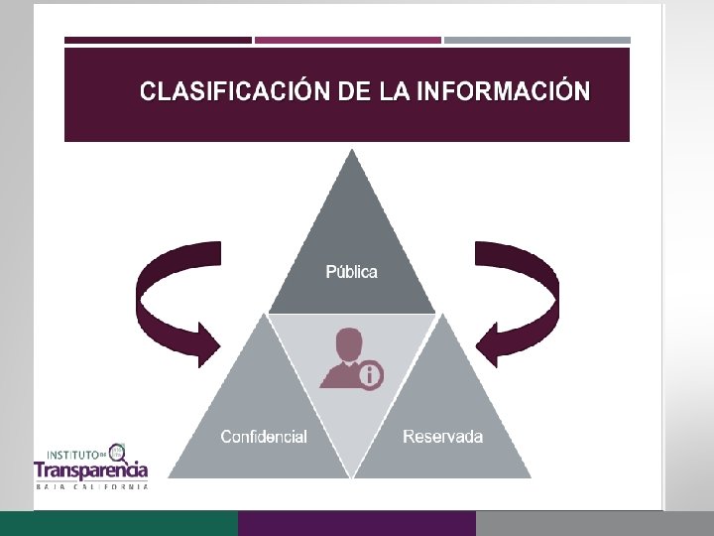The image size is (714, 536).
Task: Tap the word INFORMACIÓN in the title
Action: [504, 92]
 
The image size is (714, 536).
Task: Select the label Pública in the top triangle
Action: [352, 272]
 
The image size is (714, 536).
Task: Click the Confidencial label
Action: [264, 437]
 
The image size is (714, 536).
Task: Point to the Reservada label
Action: [443, 437]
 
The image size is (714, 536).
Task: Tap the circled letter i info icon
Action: [370, 375]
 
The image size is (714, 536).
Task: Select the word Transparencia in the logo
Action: [91, 469]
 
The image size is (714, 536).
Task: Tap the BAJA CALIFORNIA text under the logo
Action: [91, 486]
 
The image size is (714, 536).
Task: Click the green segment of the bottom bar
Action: [119, 523]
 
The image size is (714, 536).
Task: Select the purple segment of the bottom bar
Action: [357, 523]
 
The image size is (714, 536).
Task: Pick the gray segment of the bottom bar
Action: [595, 523]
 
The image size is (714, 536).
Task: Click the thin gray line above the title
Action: [536, 41]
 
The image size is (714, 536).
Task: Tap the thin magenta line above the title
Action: [348, 41]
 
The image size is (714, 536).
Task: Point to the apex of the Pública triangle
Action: [352, 155]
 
